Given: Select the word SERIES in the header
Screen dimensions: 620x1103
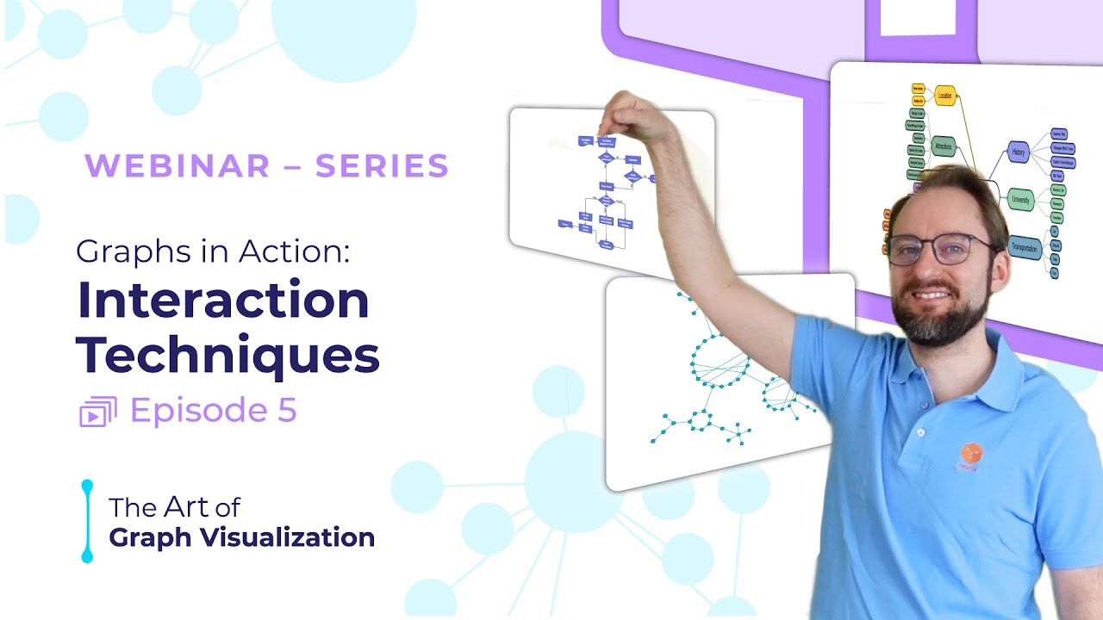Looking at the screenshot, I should [x=382, y=166].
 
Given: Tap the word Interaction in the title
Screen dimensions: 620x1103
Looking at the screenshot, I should [x=223, y=300].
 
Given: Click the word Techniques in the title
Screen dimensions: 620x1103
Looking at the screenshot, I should [x=227, y=354].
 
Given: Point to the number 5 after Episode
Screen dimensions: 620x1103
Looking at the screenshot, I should [x=287, y=411].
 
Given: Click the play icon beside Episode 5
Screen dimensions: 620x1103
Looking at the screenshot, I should [x=97, y=412].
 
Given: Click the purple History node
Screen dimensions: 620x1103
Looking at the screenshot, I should [x=1018, y=152].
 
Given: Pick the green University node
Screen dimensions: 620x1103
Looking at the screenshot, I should [x=1020, y=199].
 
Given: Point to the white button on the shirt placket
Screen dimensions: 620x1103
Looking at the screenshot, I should [x=920, y=432].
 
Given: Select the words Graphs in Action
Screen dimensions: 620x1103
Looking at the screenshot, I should [x=211, y=251].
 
